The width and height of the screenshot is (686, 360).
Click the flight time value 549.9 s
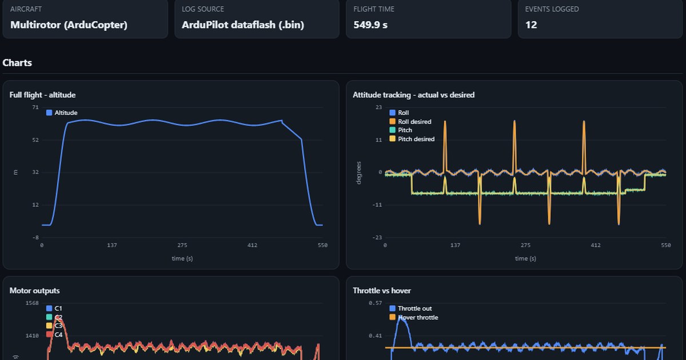click(370, 25)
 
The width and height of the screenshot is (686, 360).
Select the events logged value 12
click(531, 25)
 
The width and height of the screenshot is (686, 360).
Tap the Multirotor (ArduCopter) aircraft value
click(69, 25)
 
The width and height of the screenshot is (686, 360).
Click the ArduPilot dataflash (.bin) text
click(243, 25)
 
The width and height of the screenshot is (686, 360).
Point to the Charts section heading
click(17, 63)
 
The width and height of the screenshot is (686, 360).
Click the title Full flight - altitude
click(42, 95)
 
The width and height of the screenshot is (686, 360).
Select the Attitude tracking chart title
click(413, 95)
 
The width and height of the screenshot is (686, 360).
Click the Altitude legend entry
click(62, 113)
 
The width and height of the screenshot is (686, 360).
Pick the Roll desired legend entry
click(410, 122)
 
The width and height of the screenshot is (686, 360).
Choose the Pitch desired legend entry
click(412, 139)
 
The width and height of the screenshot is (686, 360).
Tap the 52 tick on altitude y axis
click(35, 140)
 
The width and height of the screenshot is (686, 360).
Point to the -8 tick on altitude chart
click(35, 238)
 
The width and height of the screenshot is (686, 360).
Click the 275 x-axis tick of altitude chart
click(182, 245)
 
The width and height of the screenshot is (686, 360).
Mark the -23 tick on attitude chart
click(377, 238)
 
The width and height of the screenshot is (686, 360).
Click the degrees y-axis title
click(358, 173)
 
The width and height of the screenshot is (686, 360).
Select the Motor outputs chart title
click(35, 290)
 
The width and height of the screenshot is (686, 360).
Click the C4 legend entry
click(54, 335)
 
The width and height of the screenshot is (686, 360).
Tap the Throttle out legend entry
click(410, 309)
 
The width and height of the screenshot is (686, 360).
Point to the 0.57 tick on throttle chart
click(376, 303)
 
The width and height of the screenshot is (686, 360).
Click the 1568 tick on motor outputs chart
click(32, 303)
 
